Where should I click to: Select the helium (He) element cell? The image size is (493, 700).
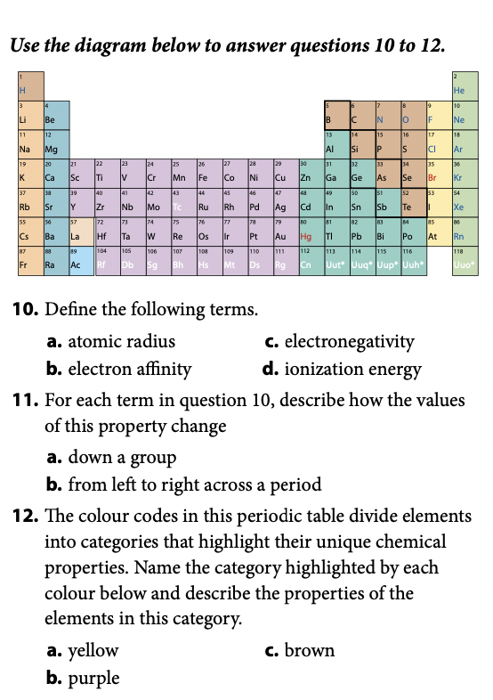[464, 86]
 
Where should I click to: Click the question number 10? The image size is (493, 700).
[23, 311]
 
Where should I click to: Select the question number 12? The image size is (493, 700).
[23, 517]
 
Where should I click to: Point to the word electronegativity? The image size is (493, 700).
[349, 341]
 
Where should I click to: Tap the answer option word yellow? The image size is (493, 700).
[93, 650]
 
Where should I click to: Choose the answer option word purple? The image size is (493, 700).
[93, 678]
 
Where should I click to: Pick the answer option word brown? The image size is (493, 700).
[309, 650]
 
